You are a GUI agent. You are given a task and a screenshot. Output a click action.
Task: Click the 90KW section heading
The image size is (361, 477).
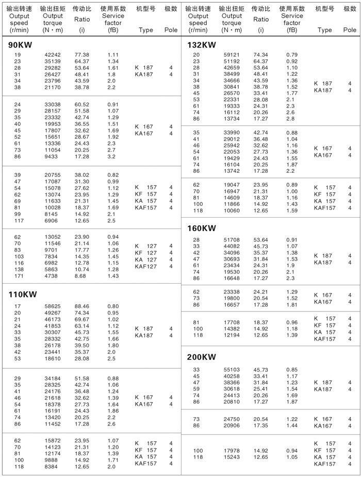21,45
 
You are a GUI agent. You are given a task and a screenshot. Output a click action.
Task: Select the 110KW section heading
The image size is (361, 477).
23,294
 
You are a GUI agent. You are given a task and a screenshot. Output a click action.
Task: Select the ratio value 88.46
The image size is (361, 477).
81,306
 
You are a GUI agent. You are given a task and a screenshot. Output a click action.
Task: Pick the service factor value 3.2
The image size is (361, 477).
111,156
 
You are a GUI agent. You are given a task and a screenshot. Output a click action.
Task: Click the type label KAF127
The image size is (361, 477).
145,266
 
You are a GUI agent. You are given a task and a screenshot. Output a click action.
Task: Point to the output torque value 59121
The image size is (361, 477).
232,55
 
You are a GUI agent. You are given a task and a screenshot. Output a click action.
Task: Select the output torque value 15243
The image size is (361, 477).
232,457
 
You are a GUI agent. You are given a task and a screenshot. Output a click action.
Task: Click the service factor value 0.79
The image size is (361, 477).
292,55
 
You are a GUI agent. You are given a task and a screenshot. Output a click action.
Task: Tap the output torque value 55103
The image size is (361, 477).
232,370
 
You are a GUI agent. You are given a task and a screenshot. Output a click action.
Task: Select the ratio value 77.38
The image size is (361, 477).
81,55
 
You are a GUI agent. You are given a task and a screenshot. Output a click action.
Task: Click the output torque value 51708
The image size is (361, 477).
232,240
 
